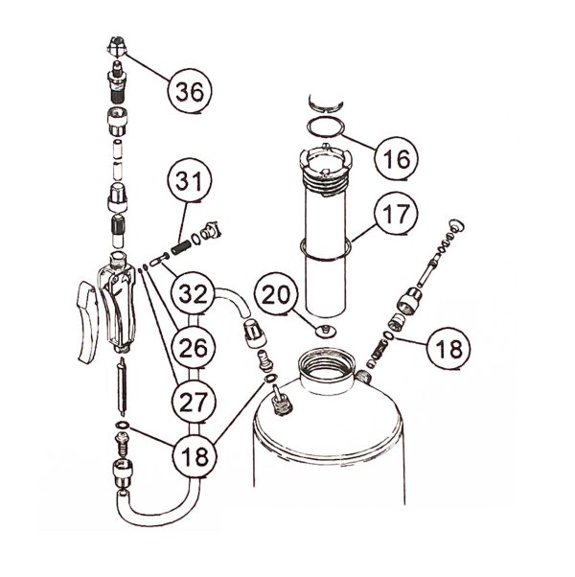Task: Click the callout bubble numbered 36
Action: tap(190, 90)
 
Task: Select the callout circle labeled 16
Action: tap(396, 158)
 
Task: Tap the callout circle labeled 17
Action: tap(396, 213)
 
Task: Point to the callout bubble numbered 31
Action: tap(190, 180)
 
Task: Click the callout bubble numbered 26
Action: tap(194, 348)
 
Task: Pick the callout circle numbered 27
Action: tap(194, 402)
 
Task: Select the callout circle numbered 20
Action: tap(276, 294)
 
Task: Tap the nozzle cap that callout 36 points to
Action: tap(117, 46)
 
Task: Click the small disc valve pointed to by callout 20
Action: tap(325, 331)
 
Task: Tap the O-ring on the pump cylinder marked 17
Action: tap(325, 249)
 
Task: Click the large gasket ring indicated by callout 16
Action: tap(326, 127)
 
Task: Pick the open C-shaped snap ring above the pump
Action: tap(326, 104)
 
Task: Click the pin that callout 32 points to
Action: tap(159, 259)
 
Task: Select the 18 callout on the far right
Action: tap(448, 348)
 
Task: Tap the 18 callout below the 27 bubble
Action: tap(195, 456)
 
